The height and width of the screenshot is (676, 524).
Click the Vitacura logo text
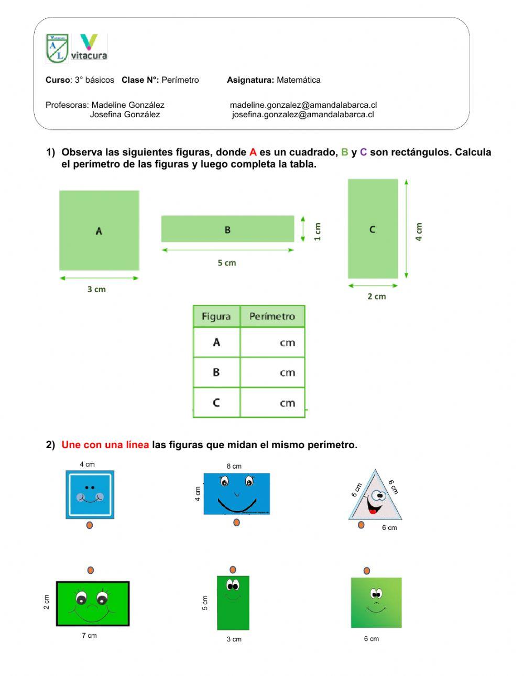click(x=89, y=55)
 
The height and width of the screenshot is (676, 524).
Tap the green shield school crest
click(x=57, y=48)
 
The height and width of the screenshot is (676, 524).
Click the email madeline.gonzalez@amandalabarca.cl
click(x=303, y=105)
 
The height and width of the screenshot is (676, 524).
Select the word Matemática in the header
click(x=298, y=80)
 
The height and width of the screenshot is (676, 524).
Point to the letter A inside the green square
click(x=99, y=231)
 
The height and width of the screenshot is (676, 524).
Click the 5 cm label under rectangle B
click(x=227, y=263)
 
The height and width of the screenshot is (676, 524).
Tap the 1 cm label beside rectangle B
click(x=318, y=231)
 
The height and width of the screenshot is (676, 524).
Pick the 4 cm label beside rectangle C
click(x=419, y=231)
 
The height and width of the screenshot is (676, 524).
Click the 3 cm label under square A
click(x=96, y=289)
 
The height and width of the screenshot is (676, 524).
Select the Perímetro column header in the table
click(x=272, y=316)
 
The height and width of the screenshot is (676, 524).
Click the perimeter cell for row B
click(x=272, y=372)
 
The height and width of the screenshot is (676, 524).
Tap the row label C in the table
click(x=216, y=403)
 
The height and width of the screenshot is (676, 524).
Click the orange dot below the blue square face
click(x=90, y=525)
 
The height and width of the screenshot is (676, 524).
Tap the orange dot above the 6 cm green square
click(x=367, y=571)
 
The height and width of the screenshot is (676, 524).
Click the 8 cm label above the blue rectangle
click(x=234, y=466)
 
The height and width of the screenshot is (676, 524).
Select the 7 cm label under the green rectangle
click(x=89, y=636)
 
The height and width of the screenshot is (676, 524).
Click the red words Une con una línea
click(x=105, y=445)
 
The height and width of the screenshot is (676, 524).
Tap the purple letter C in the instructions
click(x=363, y=152)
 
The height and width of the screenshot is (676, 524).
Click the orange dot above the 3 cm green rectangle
click(x=233, y=570)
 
